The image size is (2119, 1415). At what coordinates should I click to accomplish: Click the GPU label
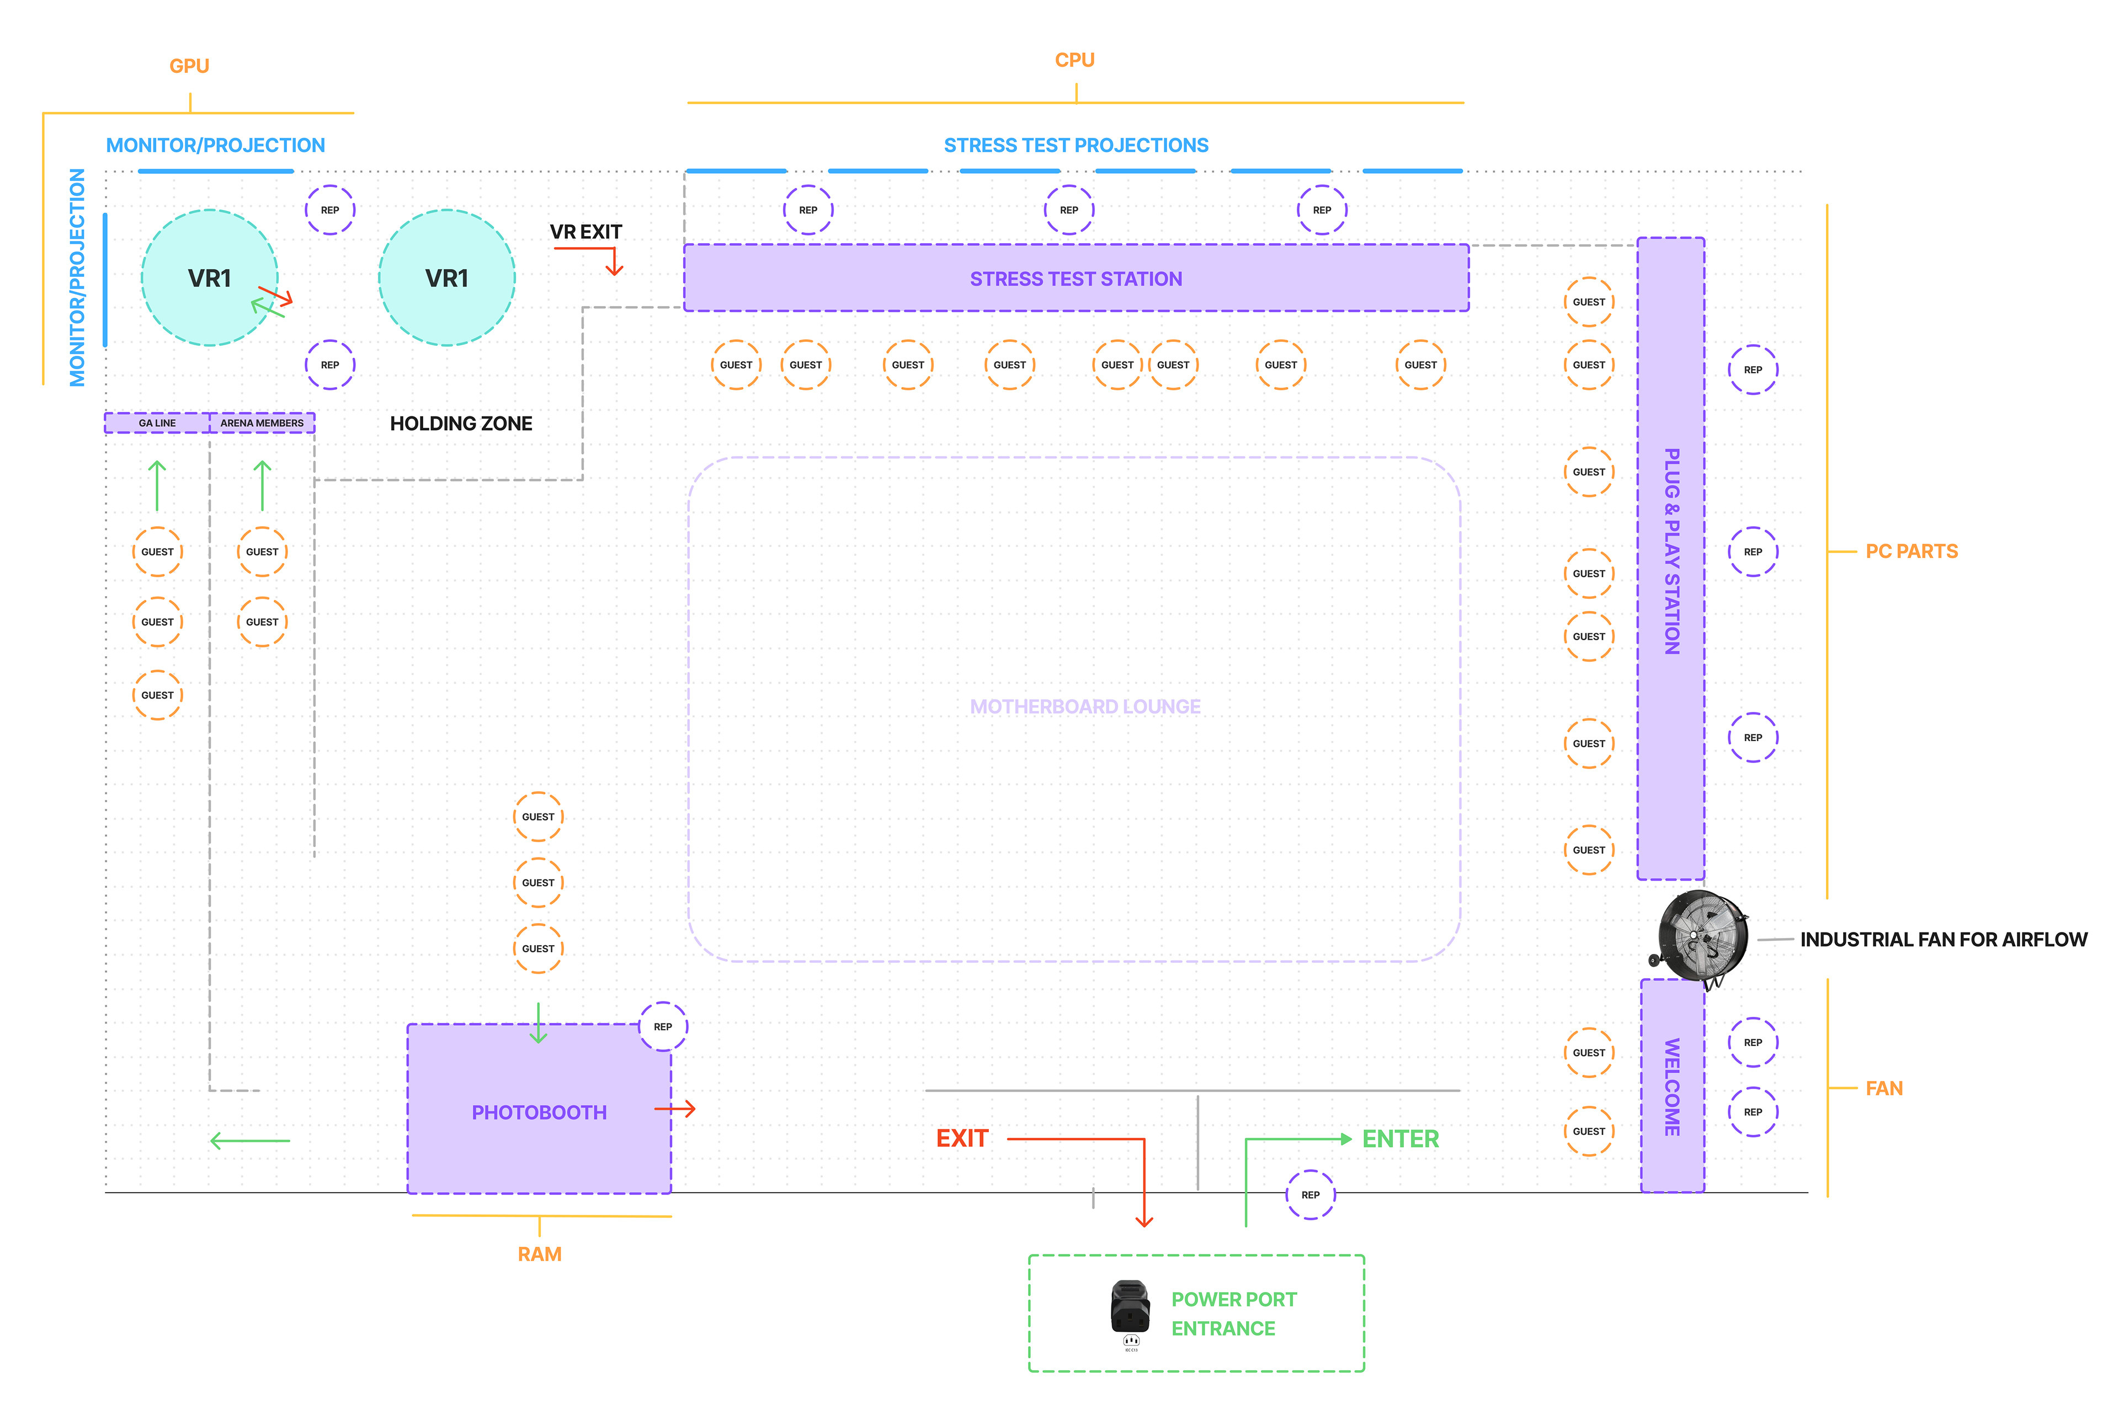coord(190,66)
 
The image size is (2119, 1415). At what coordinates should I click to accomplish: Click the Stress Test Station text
coord(1076,279)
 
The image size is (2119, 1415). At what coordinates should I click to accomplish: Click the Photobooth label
coord(539,1113)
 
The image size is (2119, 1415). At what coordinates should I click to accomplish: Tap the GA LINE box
coord(157,422)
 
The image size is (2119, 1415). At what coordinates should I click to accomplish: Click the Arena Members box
coord(262,422)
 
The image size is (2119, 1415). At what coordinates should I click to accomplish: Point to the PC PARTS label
coord(1912,551)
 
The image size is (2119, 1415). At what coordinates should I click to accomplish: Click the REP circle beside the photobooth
coord(663,1027)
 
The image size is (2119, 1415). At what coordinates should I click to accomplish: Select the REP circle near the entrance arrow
coord(1310,1195)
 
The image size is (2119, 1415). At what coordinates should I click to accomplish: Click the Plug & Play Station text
coord(1672,551)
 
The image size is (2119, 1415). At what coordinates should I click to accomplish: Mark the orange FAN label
coord(1884,1089)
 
